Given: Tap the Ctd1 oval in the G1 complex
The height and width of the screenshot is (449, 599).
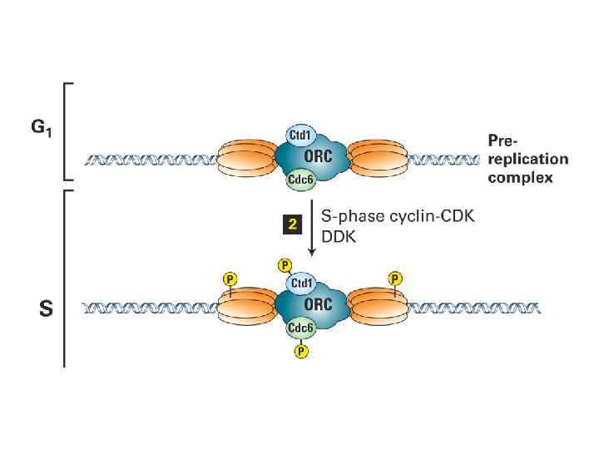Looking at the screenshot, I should pos(299,134).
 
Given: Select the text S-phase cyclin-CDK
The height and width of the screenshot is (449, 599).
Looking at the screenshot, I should pos(395,215).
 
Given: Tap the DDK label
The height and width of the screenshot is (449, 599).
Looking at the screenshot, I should pos(341,235).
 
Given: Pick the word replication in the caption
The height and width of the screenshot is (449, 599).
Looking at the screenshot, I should pos(528,159).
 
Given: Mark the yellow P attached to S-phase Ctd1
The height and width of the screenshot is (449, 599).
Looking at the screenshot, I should pos(285,265).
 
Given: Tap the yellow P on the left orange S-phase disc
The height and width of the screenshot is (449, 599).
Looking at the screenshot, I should pos(229,278).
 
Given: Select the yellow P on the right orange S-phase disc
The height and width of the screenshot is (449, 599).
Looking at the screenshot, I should pos(396,278).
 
